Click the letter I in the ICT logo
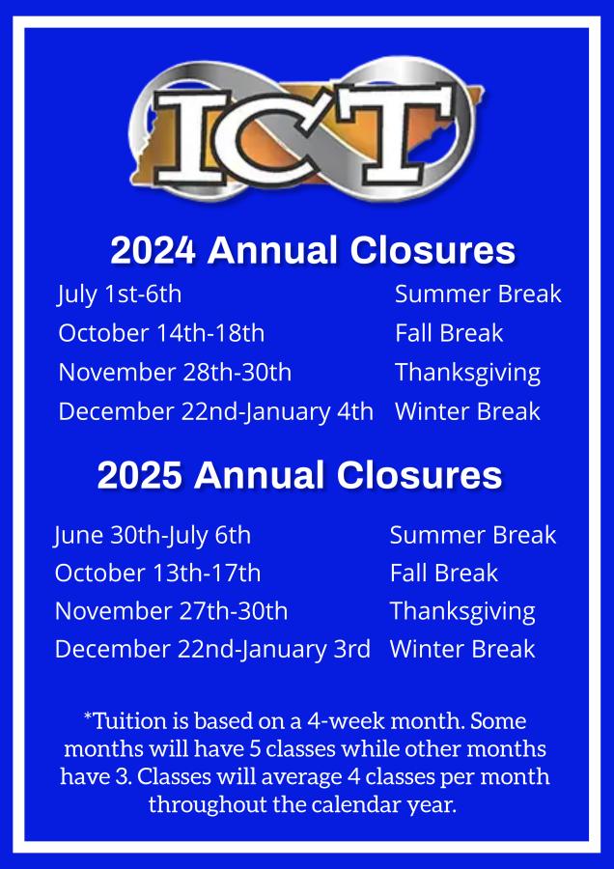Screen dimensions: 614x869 pos(192,137)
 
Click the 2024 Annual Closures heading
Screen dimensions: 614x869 pos(313,250)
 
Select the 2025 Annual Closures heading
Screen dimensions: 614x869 pos(300,475)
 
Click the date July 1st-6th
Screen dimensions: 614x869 pos(120,294)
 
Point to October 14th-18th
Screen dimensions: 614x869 pos(161,333)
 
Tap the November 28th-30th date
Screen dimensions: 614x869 pos(175,372)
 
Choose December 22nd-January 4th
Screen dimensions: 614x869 pos(215,411)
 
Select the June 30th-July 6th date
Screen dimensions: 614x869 pos(153,536)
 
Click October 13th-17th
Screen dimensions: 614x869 pos(157,573)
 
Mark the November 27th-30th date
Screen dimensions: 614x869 pos(171,611)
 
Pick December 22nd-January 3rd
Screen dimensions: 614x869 pos(212,650)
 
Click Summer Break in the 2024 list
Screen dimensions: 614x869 pos(478,294)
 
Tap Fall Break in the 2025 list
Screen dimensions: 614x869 pos(444,573)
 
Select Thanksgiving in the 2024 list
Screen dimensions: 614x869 pos(467,373)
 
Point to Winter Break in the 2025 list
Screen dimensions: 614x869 pos(462,649)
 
